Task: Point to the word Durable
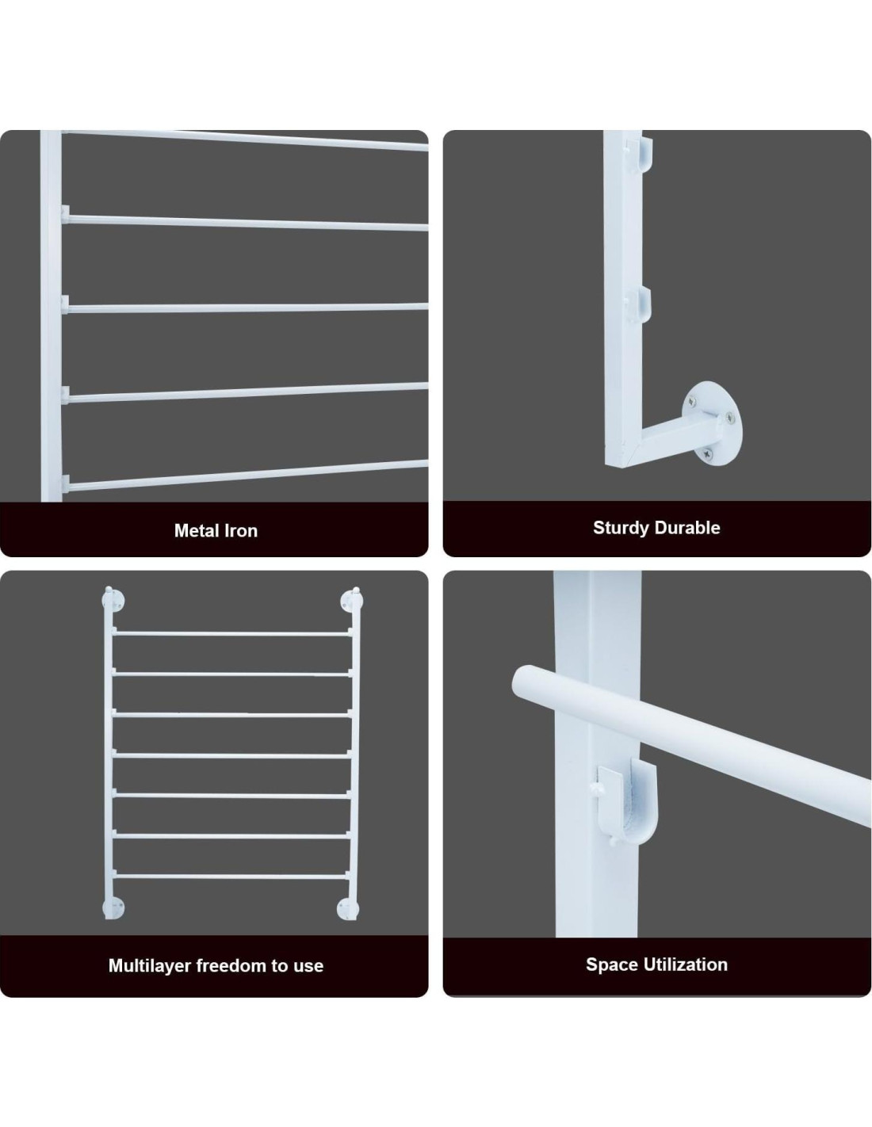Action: click(x=688, y=528)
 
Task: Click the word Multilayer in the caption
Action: click(x=149, y=965)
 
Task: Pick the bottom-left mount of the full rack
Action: click(x=113, y=907)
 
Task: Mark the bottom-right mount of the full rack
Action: click(x=348, y=907)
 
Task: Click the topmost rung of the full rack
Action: click(x=231, y=634)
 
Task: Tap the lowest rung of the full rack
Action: click(x=231, y=877)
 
